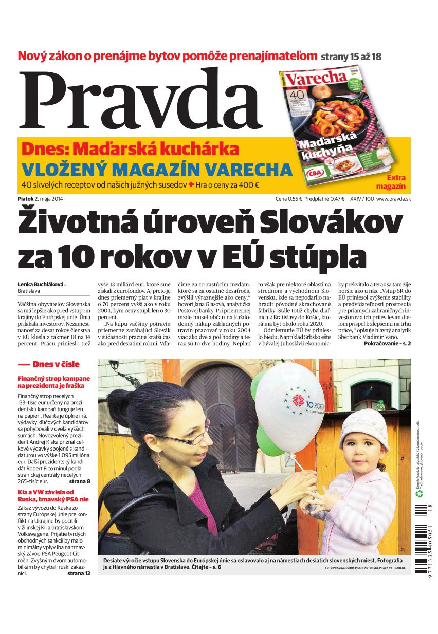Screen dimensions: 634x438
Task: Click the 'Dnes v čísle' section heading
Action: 56,364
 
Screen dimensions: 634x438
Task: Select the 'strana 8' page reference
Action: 80,481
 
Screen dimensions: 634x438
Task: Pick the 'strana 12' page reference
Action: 79,573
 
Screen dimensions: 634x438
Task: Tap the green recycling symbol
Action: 418,494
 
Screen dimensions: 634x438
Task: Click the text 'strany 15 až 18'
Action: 351,56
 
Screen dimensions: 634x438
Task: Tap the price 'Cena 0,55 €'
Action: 288,199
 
